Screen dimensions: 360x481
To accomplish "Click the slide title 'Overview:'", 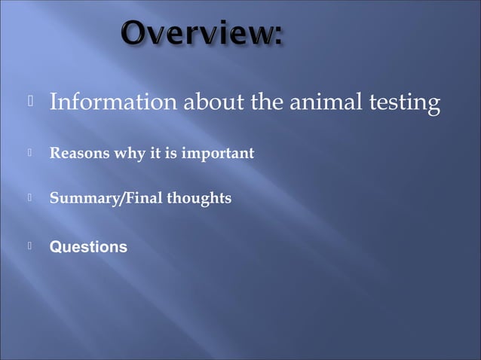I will tap(201, 34).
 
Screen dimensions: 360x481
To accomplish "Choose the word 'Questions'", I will tap(88, 246).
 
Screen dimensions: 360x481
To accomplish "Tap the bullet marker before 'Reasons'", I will tap(30, 154).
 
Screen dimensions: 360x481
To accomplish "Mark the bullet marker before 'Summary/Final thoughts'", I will tap(30, 199).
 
